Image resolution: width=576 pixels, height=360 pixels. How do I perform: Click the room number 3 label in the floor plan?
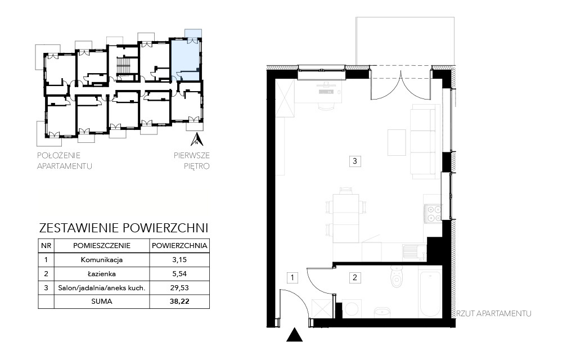[x=354, y=161]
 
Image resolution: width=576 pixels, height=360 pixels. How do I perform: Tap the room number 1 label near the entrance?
[x=292, y=277]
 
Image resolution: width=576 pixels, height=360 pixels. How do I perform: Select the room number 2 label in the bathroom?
[x=354, y=277]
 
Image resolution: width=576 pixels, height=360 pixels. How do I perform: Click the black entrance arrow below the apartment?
[x=294, y=335]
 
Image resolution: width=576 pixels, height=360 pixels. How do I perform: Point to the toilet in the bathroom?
[x=397, y=277]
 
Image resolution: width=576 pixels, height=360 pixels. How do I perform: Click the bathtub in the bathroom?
[x=430, y=294]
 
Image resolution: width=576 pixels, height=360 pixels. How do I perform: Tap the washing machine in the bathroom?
[x=352, y=309]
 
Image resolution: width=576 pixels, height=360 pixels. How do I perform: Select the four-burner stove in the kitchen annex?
[x=434, y=213]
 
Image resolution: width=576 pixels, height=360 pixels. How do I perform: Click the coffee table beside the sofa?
[x=397, y=142]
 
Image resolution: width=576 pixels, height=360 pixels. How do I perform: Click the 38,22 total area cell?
[x=179, y=301]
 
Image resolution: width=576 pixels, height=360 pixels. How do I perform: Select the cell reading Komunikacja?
[x=102, y=260]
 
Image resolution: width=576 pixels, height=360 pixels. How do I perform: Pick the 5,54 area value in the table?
[x=179, y=274]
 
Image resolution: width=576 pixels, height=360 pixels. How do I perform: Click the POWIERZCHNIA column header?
[x=179, y=246]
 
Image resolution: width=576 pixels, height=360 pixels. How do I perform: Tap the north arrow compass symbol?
[x=197, y=139]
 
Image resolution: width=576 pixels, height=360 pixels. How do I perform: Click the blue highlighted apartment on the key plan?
[x=186, y=58]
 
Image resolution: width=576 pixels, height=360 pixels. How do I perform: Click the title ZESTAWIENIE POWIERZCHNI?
[x=123, y=228]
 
